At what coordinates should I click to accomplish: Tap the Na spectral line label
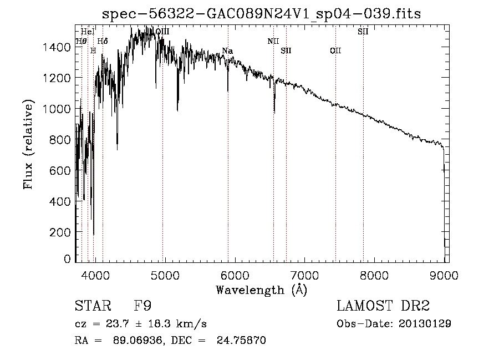coord(227,51)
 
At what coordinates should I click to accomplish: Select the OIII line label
coord(162,32)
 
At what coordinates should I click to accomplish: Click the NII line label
coord(273,41)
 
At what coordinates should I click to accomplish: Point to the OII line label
coord(335,51)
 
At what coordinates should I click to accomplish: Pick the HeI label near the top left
coord(88,32)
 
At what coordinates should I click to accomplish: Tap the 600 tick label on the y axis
coord(62,171)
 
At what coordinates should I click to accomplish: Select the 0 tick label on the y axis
coord(68,259)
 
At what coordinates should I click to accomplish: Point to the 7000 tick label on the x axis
coord(304,274)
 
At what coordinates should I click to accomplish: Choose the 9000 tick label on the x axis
coord(444,274)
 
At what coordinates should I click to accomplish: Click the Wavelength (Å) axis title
coord(261,290)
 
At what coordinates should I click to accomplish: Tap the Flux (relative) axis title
coord(29,144)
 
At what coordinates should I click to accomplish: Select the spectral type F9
coord(142,306)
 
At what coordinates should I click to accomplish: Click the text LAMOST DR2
coord(383,306)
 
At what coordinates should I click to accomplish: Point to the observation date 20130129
coord(425,323)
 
